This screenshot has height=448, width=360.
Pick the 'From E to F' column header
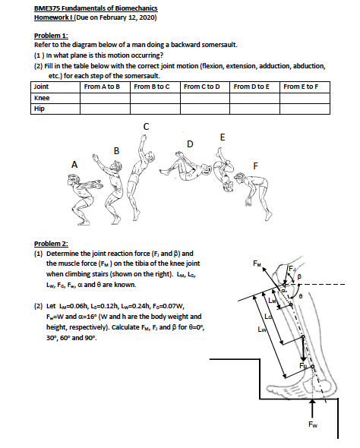pyautogui.click(x=305, y=87)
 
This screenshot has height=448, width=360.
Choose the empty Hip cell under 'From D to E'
pyautogui.click(x=255, y=109)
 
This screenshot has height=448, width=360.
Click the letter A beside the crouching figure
pyautogui.click(x=74, y=164)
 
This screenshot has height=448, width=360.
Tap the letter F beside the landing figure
pyautogui.click(x=255, y=166)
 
